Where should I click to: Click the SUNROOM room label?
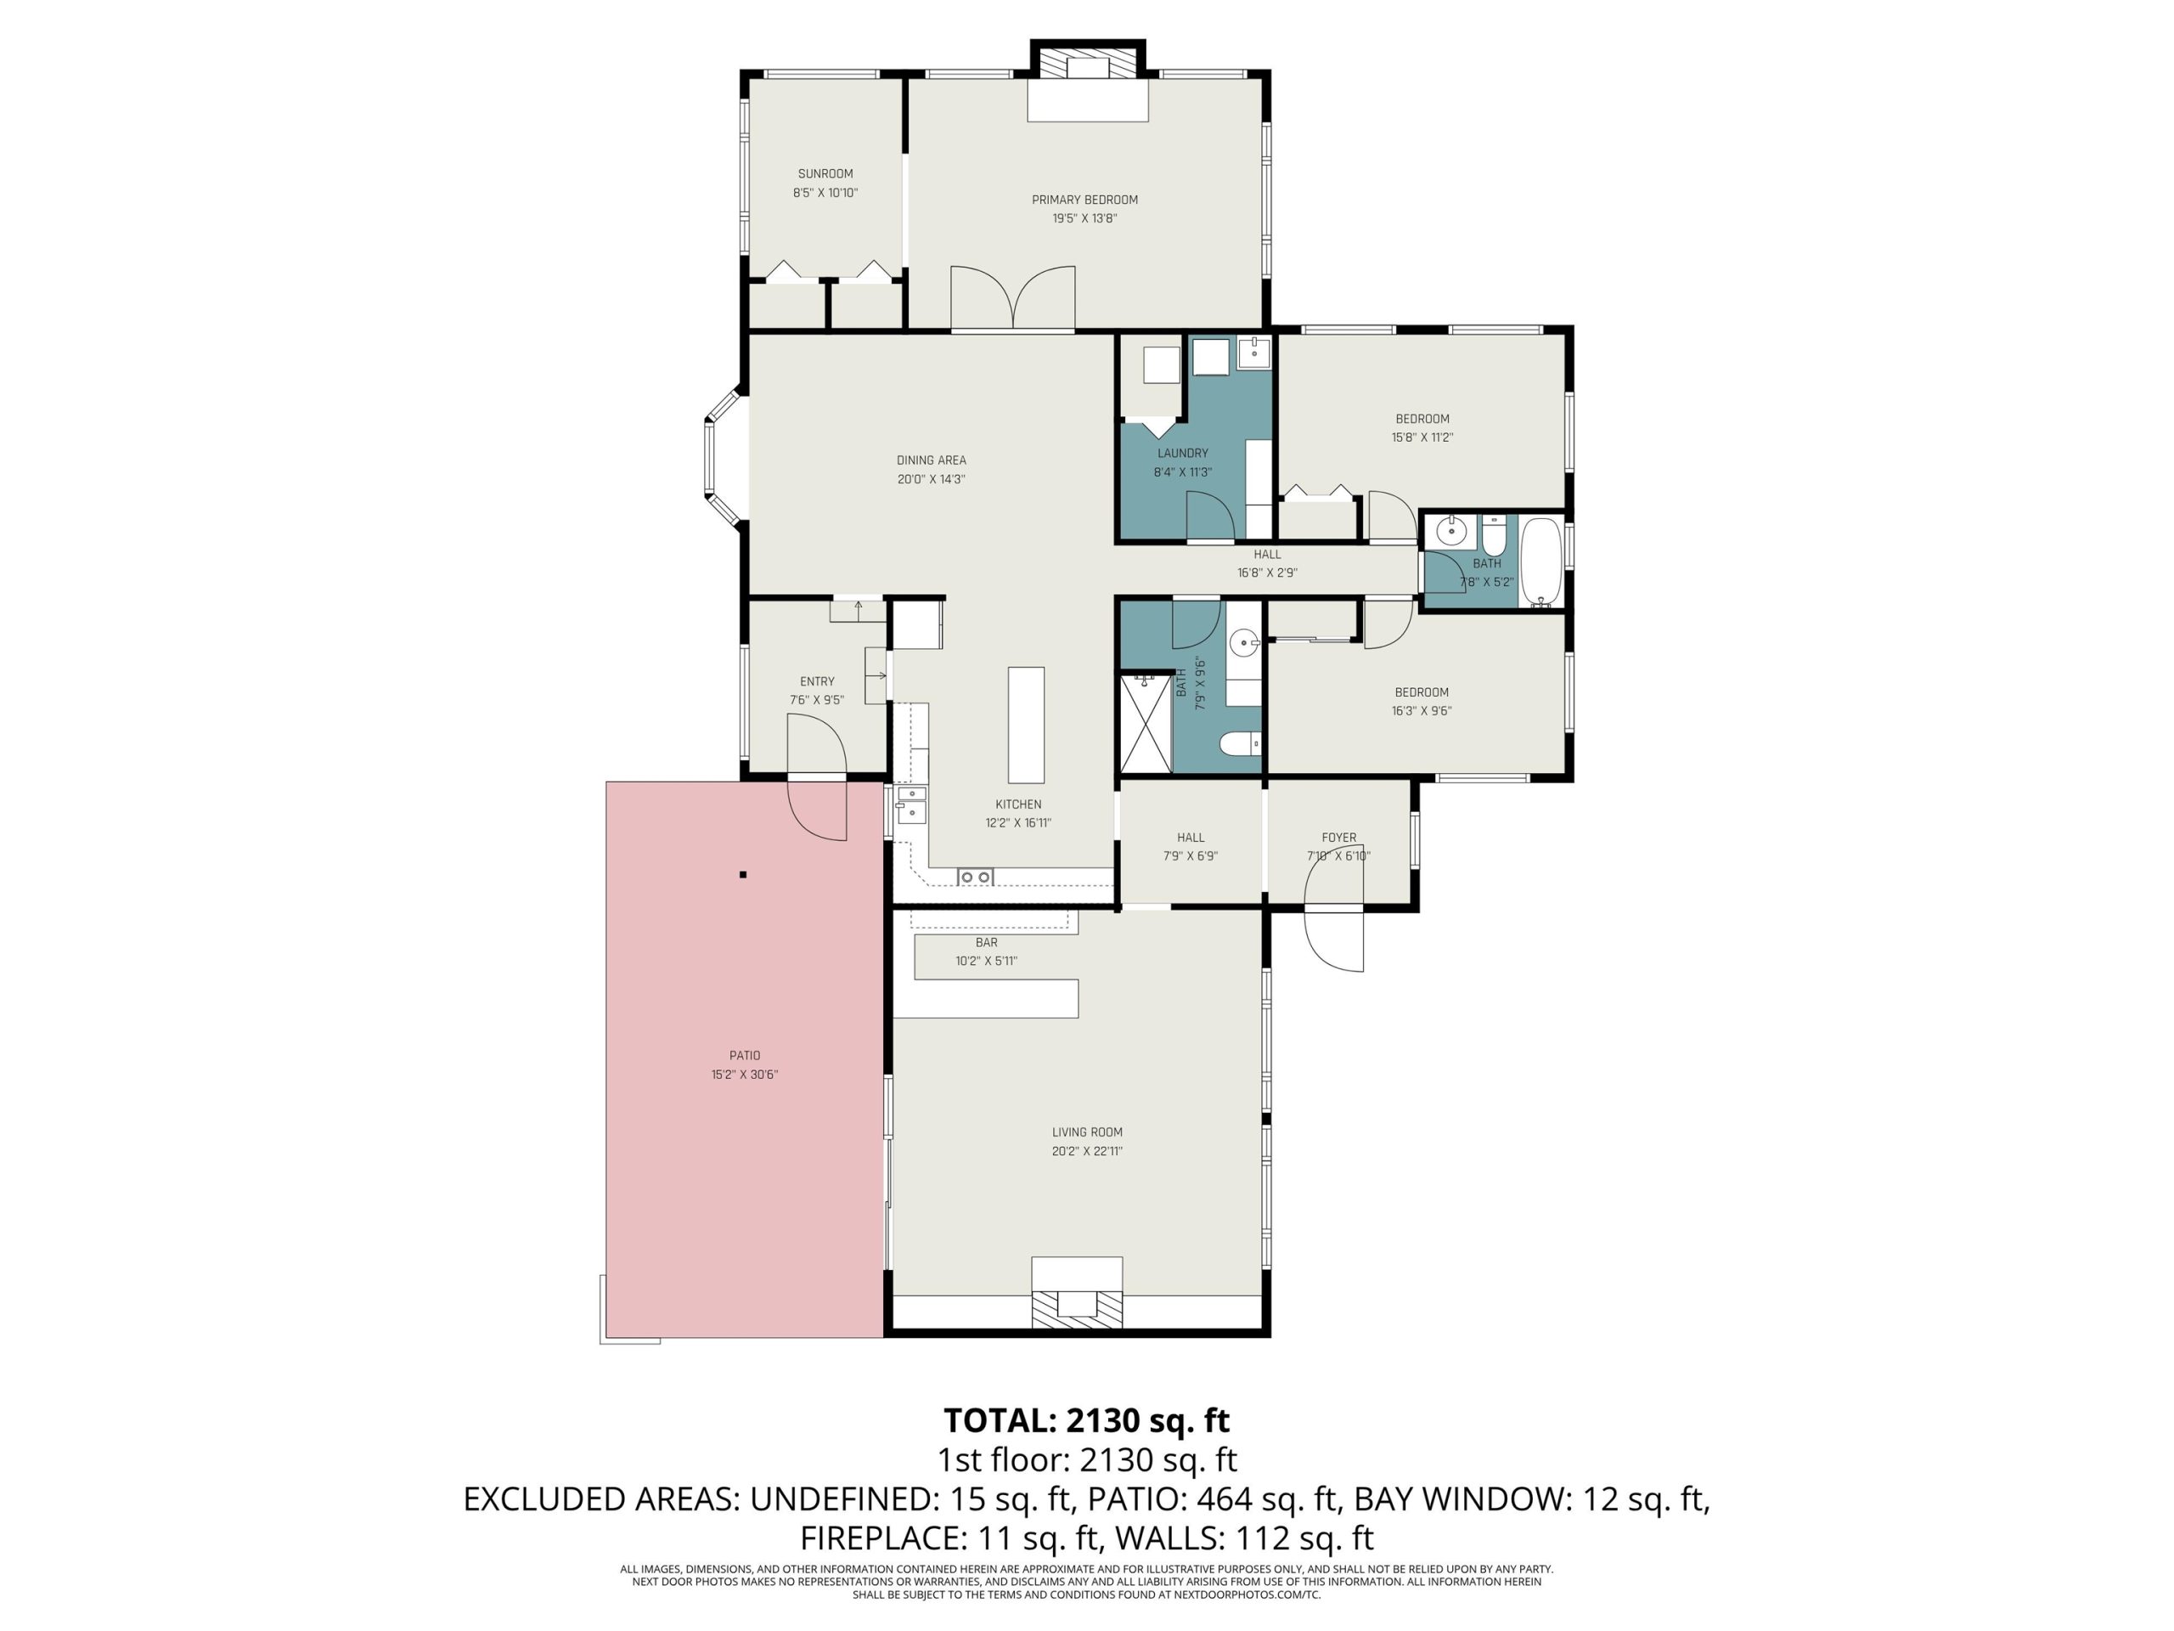[x=825, y=174]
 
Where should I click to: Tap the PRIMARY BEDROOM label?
[x=1084, y=200]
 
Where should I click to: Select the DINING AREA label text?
[x=931, y=460]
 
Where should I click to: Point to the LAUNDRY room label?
[x=1182, y=454]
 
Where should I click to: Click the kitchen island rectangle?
[x=1026, y=725]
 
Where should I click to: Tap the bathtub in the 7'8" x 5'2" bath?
[x=1541, y=562]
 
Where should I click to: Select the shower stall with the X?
[x=1146, y=723]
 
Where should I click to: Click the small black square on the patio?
[x=744, y=874]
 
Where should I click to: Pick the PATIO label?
[x=745, y=1056]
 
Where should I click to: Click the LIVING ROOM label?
[x=1087, y=1132]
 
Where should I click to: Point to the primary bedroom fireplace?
[x=1088, y=82]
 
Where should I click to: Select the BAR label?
[x=987, y=943]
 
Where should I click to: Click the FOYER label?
[x=1338, y=838]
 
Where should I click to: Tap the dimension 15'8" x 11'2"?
[x=1422, y=437]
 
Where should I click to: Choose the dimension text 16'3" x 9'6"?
[x=1421, y=711]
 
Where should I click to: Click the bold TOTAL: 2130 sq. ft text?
[x=1086, y=1419]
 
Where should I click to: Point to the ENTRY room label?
[x=817, y=681]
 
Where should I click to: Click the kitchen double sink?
[x=911, y=804]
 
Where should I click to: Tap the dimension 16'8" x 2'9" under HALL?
[x=1267, y=573]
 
